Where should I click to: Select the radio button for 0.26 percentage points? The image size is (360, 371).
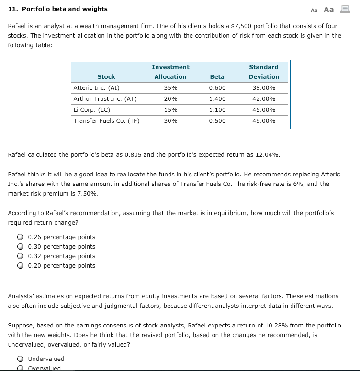(x=21, y=237)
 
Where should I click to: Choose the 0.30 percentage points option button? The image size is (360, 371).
(x=21, y=247)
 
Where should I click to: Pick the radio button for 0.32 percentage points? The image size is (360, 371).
(x=21, y=256)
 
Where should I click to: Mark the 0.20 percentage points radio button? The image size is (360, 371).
(x=21, y=266)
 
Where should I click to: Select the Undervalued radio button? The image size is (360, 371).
(x=21, y=359)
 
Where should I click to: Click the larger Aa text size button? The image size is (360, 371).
(x=329, y=9)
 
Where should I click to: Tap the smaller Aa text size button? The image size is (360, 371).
(x=314, y=10)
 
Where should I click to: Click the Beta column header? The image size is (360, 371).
(x=217, y=76)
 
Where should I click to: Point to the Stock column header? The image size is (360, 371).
(x=106, y=76)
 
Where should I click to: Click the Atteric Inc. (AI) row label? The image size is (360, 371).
(x=96, y=88)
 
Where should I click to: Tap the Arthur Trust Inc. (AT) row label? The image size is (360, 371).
(x=105, y=99)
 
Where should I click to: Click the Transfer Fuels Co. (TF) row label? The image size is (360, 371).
(x=106, y=120)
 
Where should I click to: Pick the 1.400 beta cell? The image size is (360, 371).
(x=217, y=99)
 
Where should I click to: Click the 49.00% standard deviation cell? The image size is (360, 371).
(x=264, y=120)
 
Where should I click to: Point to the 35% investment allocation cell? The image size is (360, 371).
(x=170, y=88)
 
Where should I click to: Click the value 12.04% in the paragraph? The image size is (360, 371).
(x=268, y=155)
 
